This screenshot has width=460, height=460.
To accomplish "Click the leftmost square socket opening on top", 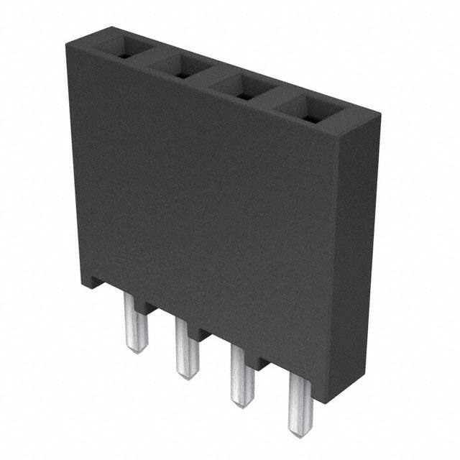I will click(121, 49).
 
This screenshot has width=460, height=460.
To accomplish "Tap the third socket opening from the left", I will click(242, 89).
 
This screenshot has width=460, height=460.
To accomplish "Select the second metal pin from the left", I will click(186, 349).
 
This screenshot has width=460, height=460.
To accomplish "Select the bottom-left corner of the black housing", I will click(80, 285).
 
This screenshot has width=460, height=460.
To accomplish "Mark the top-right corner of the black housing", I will click(379, 111).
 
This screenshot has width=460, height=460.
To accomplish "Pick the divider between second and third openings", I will click(211, 79).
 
